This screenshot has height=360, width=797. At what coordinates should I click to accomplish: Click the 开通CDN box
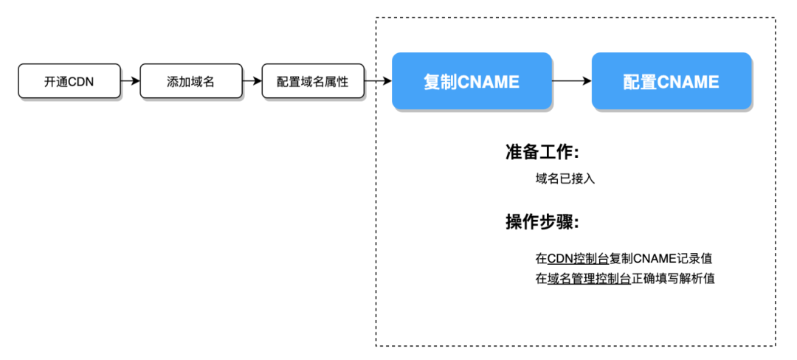pos(69,80)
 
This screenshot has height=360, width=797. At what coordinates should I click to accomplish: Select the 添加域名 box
pos(191,80)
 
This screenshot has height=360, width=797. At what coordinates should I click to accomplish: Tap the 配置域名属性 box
pos(313,80)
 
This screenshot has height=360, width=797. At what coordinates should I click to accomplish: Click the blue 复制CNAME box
pos(472,80)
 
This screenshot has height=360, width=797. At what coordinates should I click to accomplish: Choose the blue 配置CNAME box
pos(672,80)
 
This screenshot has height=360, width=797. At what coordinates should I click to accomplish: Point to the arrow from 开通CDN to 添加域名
pos(130,80)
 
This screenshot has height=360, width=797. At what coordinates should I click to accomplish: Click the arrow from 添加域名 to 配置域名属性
pos(252,80)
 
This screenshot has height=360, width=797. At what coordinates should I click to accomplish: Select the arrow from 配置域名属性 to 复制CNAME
pos(378,80)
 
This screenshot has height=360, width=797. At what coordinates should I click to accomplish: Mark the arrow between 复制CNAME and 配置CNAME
pos(572,80)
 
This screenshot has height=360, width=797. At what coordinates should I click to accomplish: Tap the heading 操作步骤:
pos(542,222)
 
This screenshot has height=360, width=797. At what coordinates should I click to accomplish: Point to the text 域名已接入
pos(565,179)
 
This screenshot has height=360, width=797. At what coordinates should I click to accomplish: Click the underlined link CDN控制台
pos(578,258)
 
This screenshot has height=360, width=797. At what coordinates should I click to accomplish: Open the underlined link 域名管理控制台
pos(589,279)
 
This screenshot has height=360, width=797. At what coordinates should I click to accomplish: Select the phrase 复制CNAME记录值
pos(660,258)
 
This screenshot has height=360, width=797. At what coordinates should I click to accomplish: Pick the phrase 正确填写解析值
pos(673,279)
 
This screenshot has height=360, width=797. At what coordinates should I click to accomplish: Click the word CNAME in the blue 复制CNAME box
pos(489,81)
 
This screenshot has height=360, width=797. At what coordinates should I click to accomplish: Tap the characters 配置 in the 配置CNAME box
pos(640,81)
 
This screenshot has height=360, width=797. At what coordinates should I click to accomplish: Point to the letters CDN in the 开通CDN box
pos(81,81)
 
